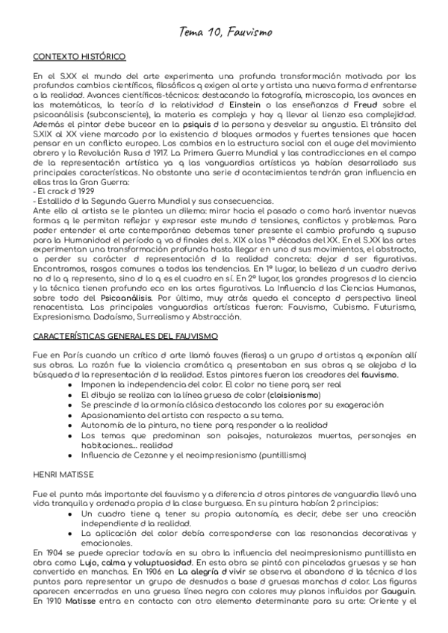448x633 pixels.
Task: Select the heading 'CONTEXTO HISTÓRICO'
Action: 79,57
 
